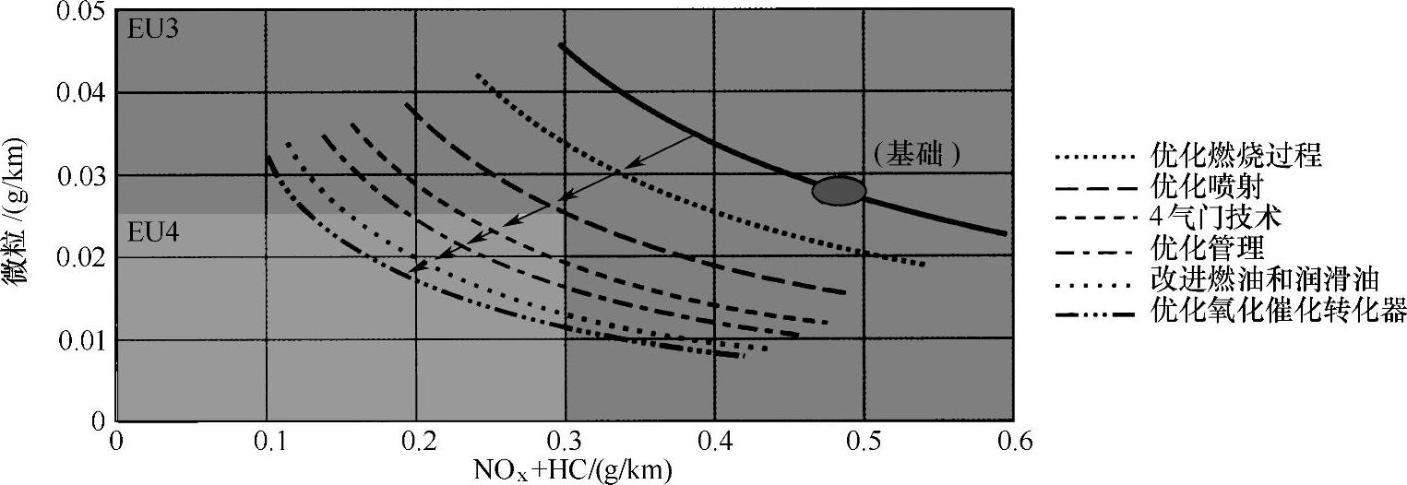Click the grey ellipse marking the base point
[838, 190]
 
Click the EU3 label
[152, 28]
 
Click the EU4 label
[152, 232]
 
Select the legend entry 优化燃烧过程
[1236, 156]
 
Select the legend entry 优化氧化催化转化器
[1279, 312]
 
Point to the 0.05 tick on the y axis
[80, 12]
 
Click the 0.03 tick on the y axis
[80, 175]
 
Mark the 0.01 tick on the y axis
[80, 339]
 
